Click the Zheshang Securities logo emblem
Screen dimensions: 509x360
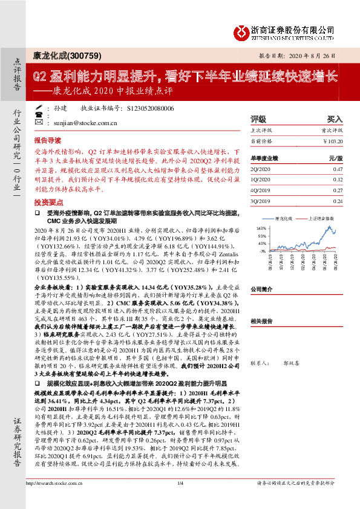[244, 30]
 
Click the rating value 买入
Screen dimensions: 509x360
[335, 120]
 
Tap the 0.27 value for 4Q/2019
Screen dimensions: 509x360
[337, 189]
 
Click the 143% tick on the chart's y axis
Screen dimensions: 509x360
[262, 228]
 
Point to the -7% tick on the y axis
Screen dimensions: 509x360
[263, 250]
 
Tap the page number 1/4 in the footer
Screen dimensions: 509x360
[180, 500]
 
